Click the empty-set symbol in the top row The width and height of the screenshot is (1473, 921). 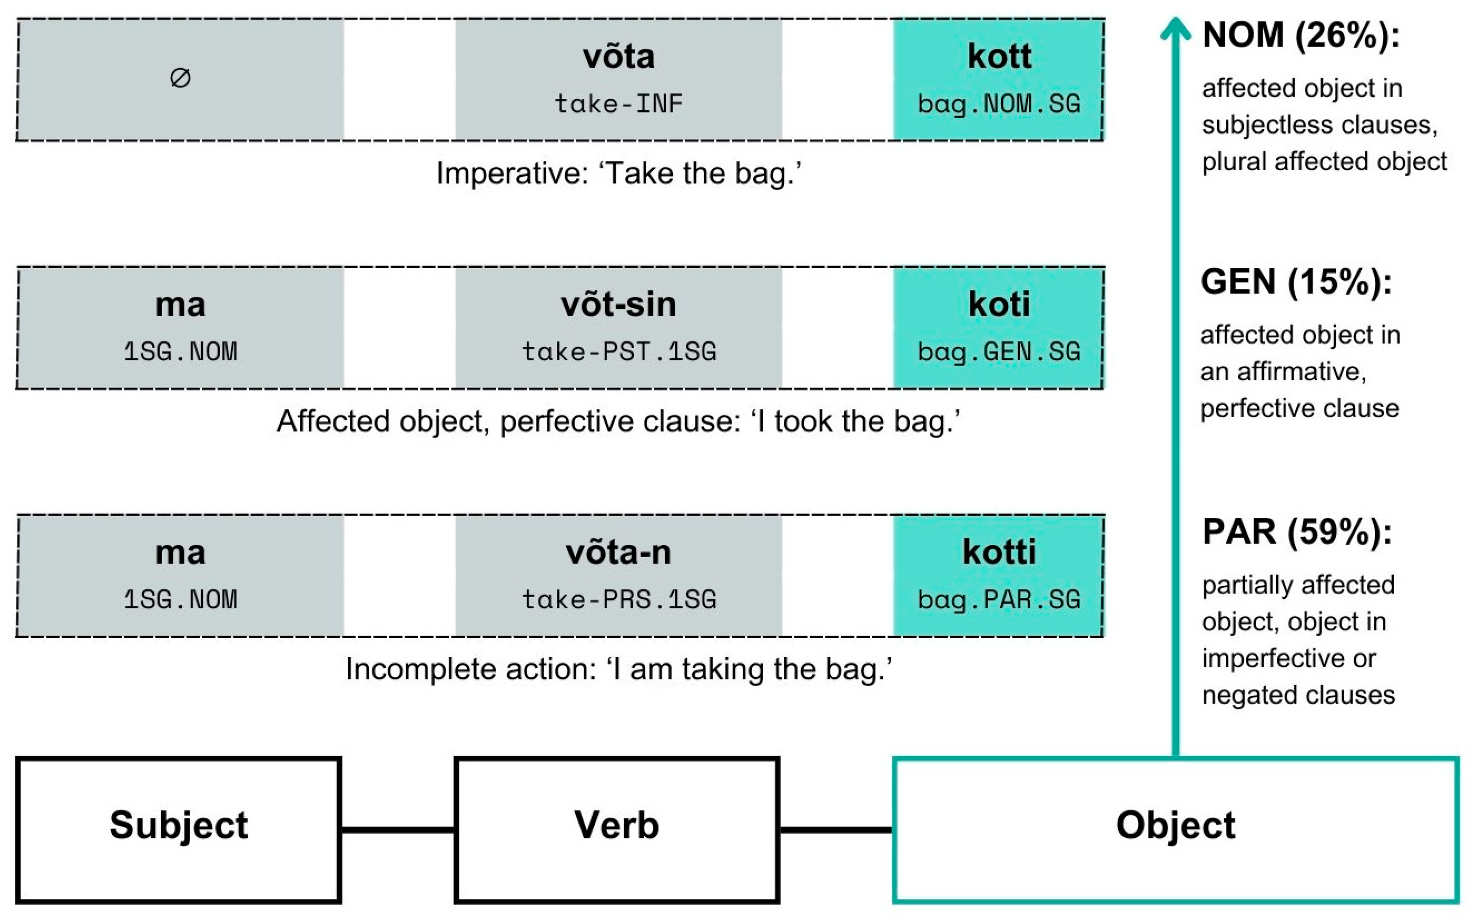pyautogui.click(x=181, y=78)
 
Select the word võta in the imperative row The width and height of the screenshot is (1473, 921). pyautogui.click(x=619, y=57)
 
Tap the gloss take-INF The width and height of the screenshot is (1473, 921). pyautogui.click(x=619, y=104)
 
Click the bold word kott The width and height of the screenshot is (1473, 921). pyautogui.click(x=999, y=57)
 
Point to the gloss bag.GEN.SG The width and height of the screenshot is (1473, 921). pyautogui.click(x=999, y=352)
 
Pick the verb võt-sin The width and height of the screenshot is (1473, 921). pyautogui.click(x=619, y=304)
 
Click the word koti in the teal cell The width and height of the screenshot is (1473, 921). pyautogui.click(x=999, y=304)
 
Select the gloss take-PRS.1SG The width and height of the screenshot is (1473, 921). pyautogui.click(x=619, y=599)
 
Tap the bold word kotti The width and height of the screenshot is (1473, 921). pyautogui.click(x=999, y=552)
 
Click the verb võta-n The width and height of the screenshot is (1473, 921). pyautogui.click(x=619, y=552)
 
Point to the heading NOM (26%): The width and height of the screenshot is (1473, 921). pyautogui.click(x=1301, y=35)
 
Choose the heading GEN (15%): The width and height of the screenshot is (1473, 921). pyautogui.click(x=1296, y=282)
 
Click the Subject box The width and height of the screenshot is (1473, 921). pyautogui.click(x=178, y=830)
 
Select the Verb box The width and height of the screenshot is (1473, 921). pyautogui.click(x=617, y=830)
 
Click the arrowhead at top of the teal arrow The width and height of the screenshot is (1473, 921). pyautogui.click(x=1175, y=27)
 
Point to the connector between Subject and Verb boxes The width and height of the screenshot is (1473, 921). pyautogui.click(x=397, y=830)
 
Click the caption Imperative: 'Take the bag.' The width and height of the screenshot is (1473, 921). pyautogui.click(x=619, y=174)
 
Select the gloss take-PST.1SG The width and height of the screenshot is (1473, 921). pyautogui.click(x=619, y=352)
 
